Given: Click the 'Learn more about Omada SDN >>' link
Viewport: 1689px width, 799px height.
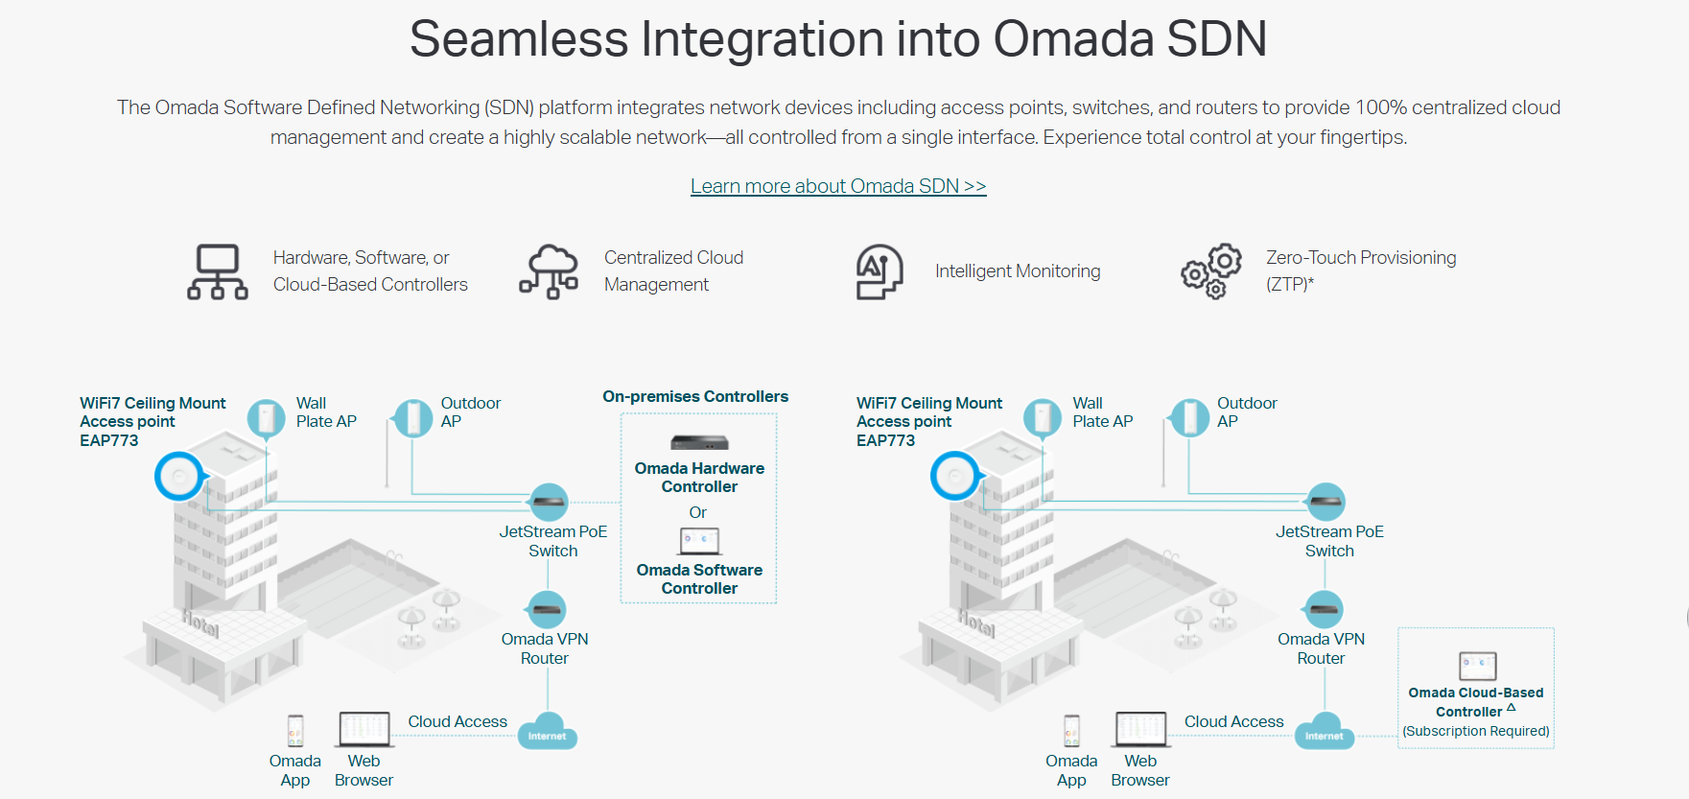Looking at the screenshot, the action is point(838,186).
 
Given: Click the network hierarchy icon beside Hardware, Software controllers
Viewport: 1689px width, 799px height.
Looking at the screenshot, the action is point(218,271).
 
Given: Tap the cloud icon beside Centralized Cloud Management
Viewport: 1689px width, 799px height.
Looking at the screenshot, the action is point(550,271).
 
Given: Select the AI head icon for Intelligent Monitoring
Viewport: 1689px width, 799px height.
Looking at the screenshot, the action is point(880,271).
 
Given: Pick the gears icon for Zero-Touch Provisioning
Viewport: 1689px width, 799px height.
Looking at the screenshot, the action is point(1211,271).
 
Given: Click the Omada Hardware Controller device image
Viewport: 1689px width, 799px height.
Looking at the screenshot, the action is point(699,442).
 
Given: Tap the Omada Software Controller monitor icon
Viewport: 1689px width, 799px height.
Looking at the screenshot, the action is point(699,542).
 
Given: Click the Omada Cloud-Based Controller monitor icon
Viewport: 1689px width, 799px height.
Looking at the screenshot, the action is point(1477,666).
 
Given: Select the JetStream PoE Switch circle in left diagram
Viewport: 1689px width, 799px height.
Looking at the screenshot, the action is point(549,502).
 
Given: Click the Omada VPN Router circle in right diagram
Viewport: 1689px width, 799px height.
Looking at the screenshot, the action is point(1325,609).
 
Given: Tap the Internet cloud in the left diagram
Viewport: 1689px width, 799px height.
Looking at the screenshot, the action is point(548,731).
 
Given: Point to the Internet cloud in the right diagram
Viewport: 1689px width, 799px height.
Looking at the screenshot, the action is point(1325,731).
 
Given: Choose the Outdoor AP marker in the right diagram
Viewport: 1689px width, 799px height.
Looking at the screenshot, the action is point(1190,418).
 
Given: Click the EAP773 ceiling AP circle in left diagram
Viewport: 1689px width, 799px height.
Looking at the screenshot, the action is point(179,476).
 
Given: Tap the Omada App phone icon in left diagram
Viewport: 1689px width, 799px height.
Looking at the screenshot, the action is point(295,731).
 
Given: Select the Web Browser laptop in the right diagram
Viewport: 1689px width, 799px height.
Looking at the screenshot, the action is point(1140,729).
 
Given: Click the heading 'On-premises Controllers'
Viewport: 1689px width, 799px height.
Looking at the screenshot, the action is point(695,396).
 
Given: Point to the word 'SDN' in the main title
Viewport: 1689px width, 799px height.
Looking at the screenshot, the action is point(1216,39).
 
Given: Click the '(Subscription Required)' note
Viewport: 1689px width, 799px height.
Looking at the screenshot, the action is point(1476,731).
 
